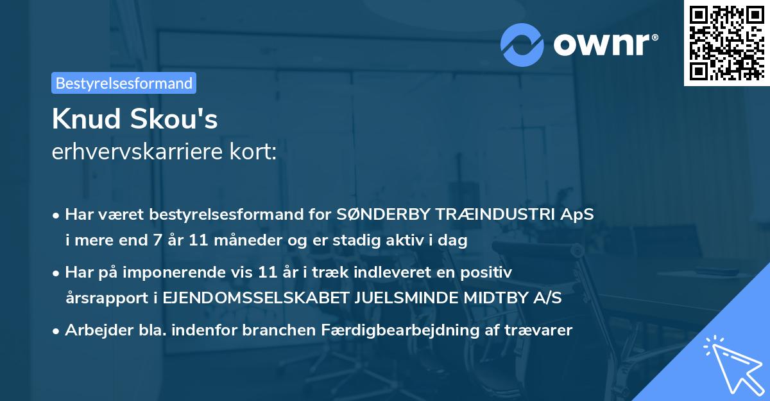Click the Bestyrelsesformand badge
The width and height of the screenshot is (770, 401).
tap(124, 83)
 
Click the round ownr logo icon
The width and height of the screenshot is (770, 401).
tap(522, 44)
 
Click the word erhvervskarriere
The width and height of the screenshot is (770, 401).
tap(139, 152)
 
